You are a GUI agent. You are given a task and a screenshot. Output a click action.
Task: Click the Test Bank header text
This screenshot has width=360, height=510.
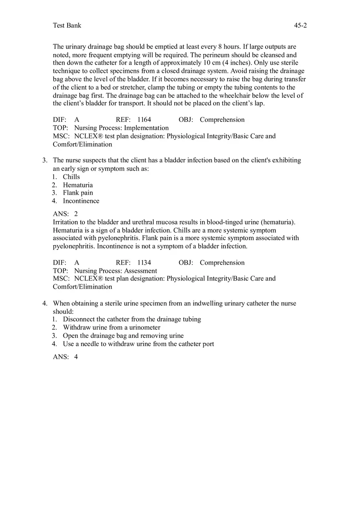67,25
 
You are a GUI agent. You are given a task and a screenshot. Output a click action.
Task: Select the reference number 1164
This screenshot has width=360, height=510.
144,120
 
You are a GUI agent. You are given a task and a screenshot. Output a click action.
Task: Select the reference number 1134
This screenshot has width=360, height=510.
144,263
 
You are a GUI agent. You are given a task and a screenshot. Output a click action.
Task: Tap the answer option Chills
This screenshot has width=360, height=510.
71,177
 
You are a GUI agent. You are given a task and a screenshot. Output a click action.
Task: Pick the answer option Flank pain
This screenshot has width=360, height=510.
78,193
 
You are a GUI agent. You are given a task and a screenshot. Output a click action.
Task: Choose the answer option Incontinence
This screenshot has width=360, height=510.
81,201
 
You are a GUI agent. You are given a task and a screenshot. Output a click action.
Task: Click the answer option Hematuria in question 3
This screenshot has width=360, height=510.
78,185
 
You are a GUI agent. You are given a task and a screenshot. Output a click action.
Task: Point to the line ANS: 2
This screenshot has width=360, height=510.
65,214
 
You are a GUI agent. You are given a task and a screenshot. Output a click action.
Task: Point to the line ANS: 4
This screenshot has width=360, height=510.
65,357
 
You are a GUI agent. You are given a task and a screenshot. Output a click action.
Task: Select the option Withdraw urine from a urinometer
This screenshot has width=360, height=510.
111,328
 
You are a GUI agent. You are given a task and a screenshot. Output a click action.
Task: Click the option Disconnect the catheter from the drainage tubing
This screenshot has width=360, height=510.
132,319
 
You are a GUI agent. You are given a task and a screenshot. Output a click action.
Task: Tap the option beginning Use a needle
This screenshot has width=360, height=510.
138,344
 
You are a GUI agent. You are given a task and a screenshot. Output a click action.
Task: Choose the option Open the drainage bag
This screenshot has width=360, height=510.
123,336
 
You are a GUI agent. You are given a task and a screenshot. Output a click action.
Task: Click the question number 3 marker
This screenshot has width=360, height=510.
45,160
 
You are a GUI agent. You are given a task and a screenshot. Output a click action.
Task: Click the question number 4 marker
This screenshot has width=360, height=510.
45,303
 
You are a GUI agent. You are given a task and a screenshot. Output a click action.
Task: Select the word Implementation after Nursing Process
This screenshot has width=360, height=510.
146,128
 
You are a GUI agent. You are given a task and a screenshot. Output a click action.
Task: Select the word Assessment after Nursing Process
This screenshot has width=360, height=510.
140,271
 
